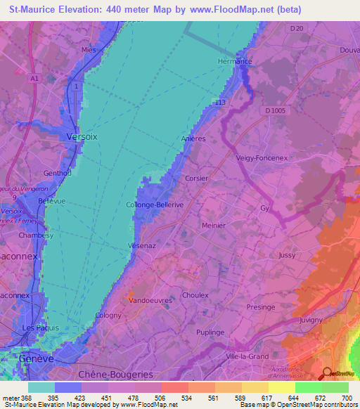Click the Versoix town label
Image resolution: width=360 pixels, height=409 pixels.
pyautogui.click(x=82, y=136)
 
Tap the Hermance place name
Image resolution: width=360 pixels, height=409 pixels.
pyautogui.click(x=235, y=61)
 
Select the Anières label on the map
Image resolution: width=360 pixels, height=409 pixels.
pyautogui.click(x=193, y=138)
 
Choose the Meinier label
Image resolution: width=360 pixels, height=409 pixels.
pyautogui.click(x=213, y=226)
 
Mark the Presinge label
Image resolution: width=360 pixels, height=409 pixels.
pyautogui.click(x=261, y=307)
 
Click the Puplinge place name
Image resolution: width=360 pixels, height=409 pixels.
pyautogui.click(x=210, y=332)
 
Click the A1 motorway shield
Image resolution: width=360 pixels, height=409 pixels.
pyautogui.click(x=34, y=79)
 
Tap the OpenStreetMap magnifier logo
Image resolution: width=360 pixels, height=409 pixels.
pyautogui.click(x=328, y=374)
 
